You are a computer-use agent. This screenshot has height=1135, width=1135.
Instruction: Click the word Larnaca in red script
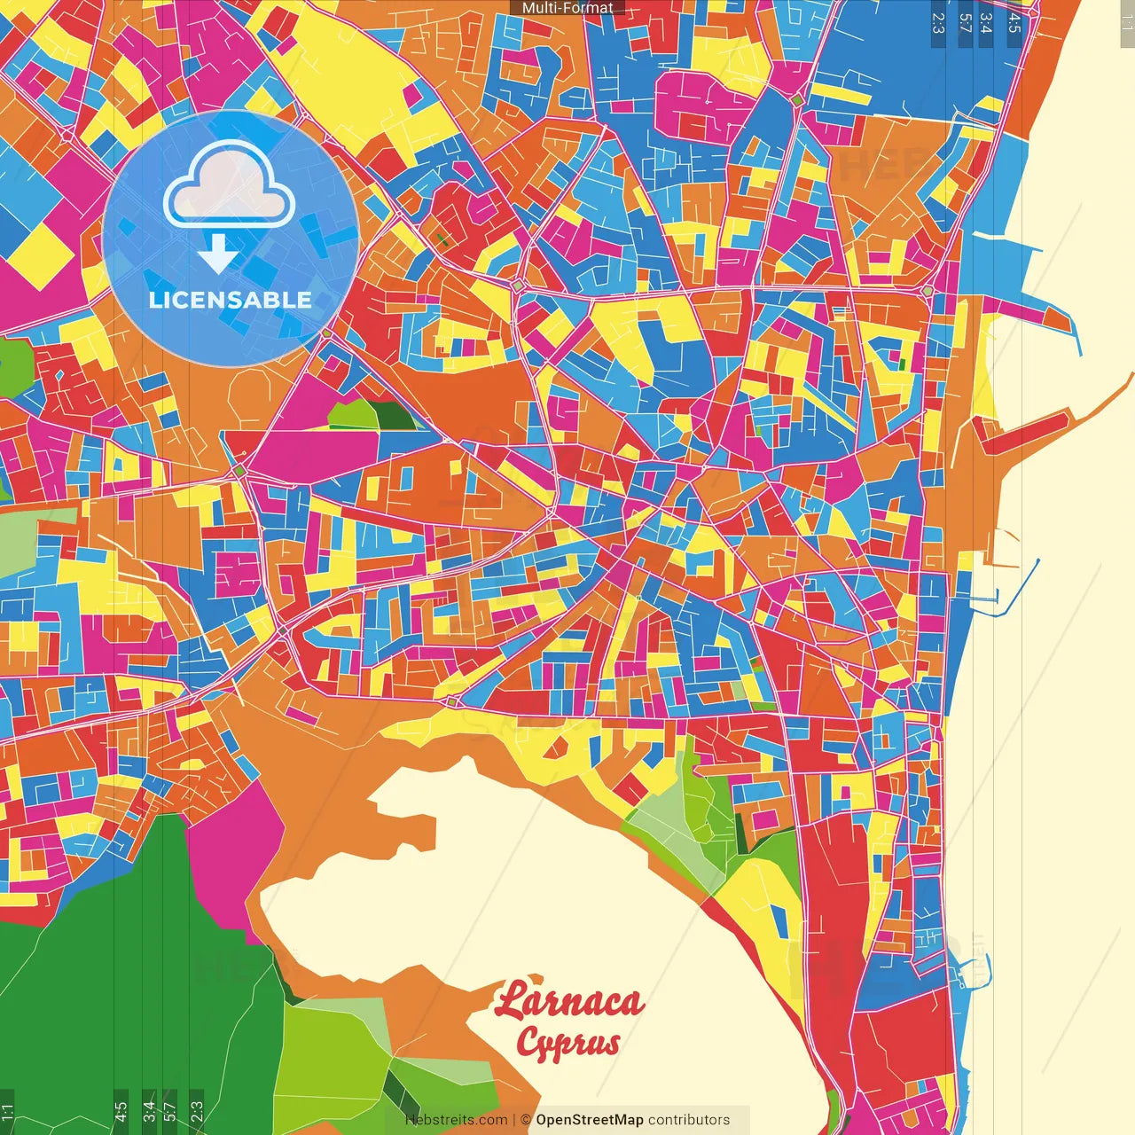(569, 1002)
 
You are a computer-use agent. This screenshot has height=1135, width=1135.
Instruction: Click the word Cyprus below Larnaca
(567, 1043)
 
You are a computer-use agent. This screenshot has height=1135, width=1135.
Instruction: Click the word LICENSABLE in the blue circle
(230, 300)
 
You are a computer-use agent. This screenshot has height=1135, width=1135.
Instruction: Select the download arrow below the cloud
(217, 254)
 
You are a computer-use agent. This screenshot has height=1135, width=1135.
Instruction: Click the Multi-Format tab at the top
(567, 8)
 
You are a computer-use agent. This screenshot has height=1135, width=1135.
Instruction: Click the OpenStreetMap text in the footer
(589, 1120)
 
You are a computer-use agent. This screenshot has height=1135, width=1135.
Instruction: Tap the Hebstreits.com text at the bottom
(457, 1120)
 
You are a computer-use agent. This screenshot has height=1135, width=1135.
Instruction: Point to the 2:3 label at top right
(938, 22)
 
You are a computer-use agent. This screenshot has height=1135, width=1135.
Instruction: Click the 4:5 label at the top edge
(1014, 22)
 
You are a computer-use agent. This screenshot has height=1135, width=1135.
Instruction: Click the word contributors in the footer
(689, 1120)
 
